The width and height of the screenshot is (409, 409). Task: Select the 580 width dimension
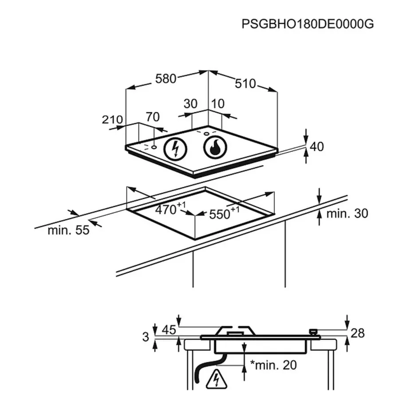click(x=165, y=79)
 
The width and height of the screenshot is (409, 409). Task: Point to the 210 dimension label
click(x=112, y=119)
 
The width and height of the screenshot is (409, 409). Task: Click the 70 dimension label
click(x=152, y=117)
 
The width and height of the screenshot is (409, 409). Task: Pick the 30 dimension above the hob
click(x=190, y=104)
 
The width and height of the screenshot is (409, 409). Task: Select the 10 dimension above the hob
click(x=218, y=104)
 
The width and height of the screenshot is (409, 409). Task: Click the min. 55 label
click(x=69, y=230)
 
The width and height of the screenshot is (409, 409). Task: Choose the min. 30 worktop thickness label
click(x=347, y=214)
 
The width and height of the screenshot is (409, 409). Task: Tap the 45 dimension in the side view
click(x=168, y=330)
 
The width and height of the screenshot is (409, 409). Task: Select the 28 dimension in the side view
click(x=358, y=333)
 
